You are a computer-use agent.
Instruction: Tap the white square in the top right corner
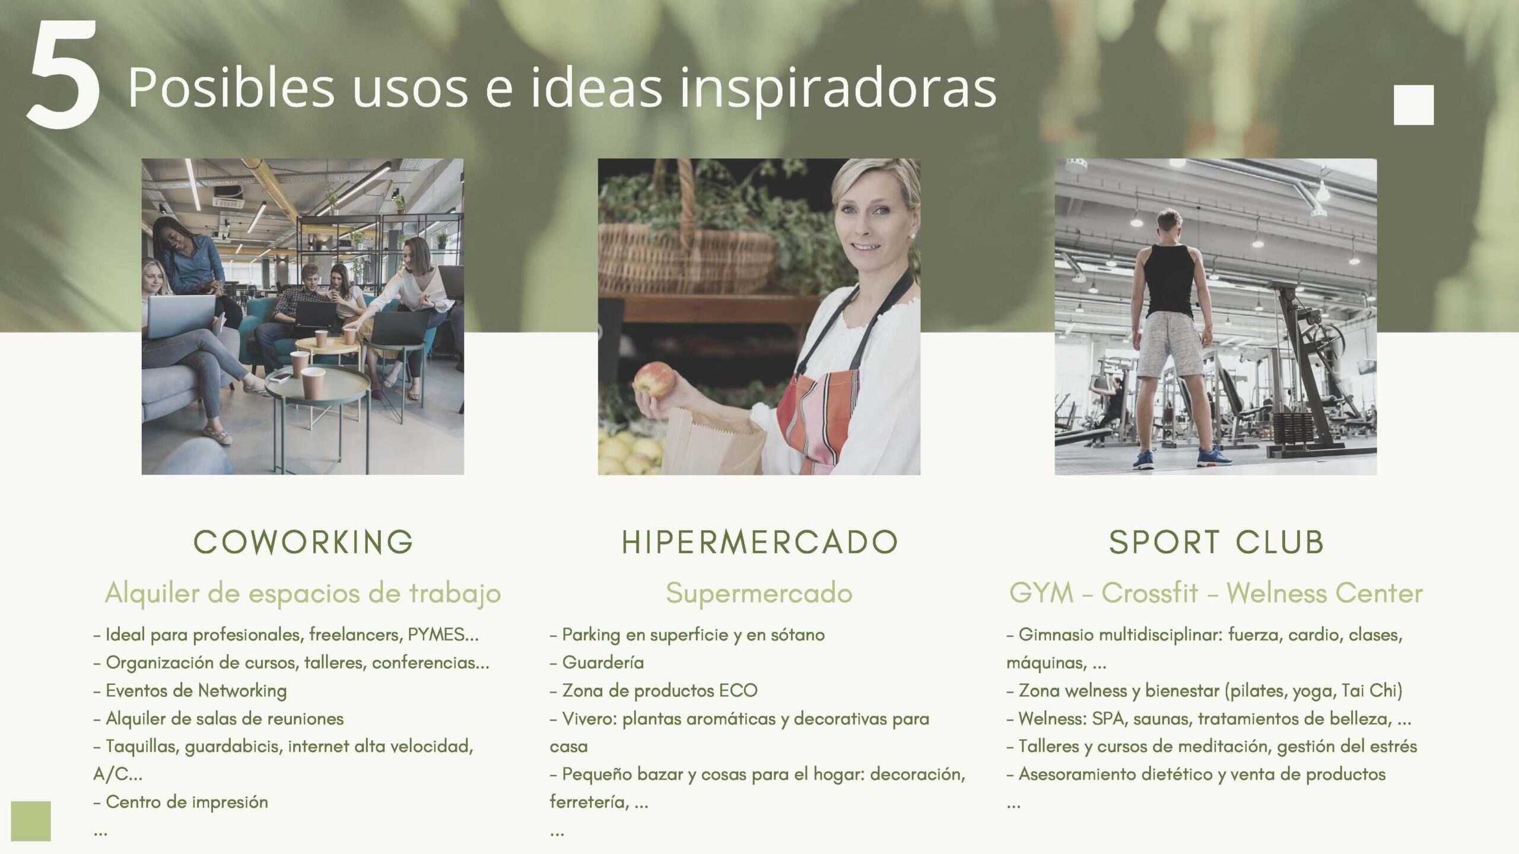tap(1413, 105)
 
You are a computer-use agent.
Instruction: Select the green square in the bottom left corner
tap(31, 821)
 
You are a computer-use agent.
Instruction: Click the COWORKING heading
tap(303, 542)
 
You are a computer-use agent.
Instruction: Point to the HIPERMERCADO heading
tap(759, 542)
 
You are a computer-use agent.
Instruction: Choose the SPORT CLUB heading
tap(1216, 542)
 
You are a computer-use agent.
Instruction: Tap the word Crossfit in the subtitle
tap(1149, 592)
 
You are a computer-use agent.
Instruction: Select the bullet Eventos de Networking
tap(190, 691)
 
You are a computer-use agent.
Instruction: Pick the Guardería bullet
tap(596, 662)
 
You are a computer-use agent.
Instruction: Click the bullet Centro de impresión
tap(180, 802)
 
